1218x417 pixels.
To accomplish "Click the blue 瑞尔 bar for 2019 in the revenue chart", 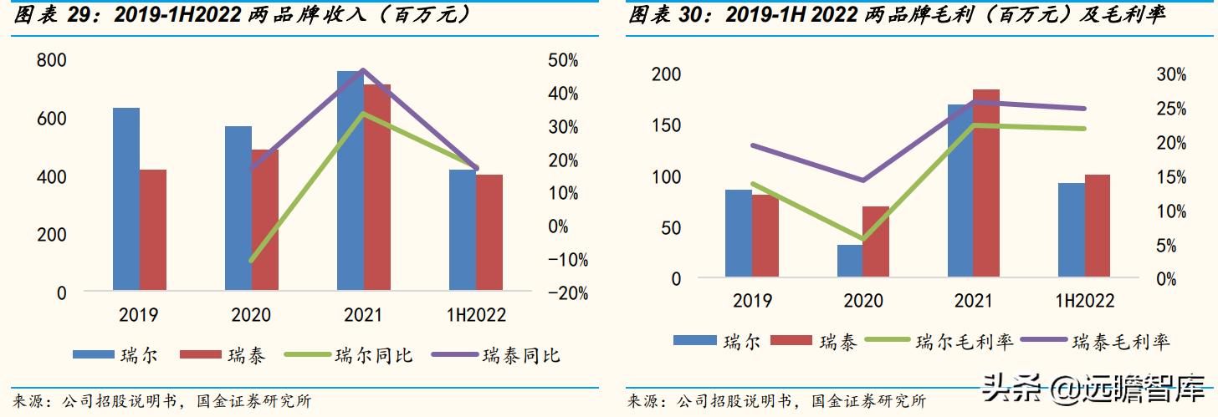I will [126, 200].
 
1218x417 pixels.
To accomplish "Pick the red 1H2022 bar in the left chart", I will [489, 233].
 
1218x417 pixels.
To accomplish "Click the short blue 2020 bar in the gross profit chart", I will [850, 261].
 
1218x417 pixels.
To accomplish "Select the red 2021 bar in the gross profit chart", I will [985, 183].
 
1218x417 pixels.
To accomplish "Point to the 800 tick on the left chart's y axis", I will [51, 60].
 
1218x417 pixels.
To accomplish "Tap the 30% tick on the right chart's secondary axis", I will [1171, 74].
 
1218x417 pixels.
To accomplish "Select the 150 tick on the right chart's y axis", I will [666, 125].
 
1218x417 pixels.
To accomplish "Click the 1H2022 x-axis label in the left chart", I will [475, 315].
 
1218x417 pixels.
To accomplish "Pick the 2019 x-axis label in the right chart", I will [752, 301].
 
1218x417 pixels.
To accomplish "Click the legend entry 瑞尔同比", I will [373, 355].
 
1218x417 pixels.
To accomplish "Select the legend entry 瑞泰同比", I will [520, 355].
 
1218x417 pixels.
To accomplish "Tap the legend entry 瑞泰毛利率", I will [1121, 341].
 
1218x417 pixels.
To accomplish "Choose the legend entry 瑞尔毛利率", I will [965, 341].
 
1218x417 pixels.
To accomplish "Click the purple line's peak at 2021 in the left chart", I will [363, 70].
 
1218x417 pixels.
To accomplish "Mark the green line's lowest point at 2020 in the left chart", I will [251, 260].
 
